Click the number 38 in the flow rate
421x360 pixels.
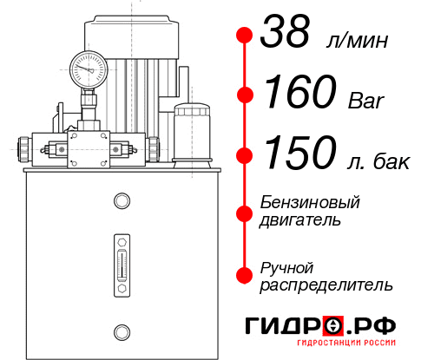click(x=288, y=36)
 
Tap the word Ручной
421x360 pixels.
click(x=286, y=266)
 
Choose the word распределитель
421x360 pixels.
click(x=326, y=285)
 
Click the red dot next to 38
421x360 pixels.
click(x=244, y=36)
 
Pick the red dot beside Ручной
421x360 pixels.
click(x=244, y=275)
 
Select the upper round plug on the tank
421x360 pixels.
click(x=120, y=201)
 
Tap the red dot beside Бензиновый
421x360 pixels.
click(x=244, y=213)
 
